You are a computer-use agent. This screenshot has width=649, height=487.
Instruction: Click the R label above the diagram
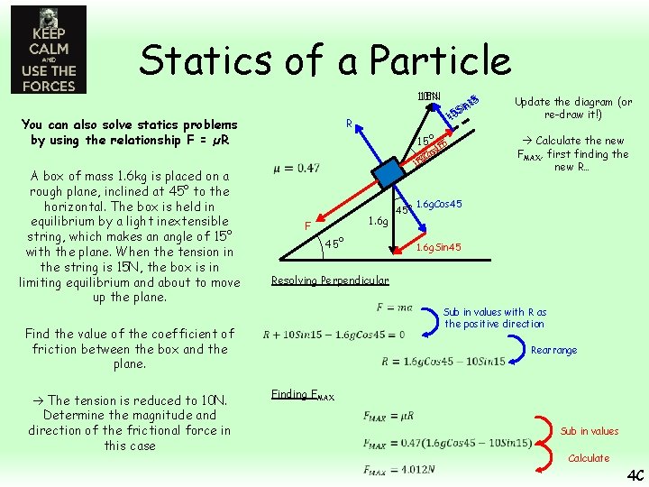coord(347,124)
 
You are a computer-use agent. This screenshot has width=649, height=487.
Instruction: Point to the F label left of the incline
coord(307,225)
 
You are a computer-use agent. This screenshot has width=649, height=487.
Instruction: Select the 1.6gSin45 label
coord(438,247)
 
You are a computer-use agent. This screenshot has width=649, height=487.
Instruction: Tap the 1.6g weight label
coord(379,220)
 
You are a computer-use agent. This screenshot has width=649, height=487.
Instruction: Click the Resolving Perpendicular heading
coord(330,280)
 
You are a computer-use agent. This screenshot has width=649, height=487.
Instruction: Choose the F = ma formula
coord(394,308)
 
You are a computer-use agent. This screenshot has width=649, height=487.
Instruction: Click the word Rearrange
coord(554,350)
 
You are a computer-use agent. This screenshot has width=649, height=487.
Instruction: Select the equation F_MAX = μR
coord(388,416)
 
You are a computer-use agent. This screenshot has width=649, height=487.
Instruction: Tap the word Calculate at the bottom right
coord(589,458)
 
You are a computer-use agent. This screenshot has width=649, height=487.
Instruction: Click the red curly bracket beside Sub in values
coord(538,431)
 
